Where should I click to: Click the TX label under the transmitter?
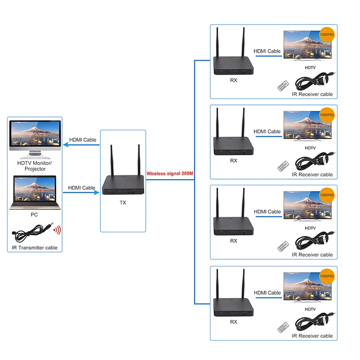[x=123, y=202]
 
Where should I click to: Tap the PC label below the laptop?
[x=34, y=215]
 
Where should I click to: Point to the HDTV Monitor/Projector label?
[x=35, y=166]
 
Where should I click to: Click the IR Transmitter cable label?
[x=35, y=248]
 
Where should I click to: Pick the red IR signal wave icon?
[x=57, y=230]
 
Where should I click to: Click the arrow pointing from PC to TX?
[x=81, y=193]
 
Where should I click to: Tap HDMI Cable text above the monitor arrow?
[x=82, y=139]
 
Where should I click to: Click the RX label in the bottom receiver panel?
[x=233, y=322]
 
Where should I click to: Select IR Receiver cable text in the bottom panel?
[x=312, y=336]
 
